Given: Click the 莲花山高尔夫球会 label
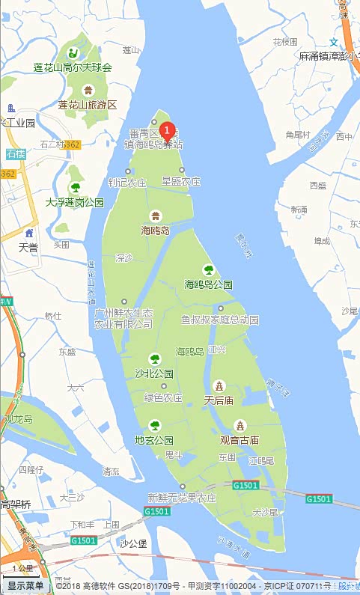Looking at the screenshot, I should pyautogui.click(x=73, y=67).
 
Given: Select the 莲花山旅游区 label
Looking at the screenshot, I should pyautogui.click(x=88, y=105).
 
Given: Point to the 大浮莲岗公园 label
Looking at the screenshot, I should pyautogui.click(x=75, y=202).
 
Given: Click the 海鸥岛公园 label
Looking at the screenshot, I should pyautogui.click(x=209, y=284).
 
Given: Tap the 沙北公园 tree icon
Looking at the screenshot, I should pyautogui.click(x=155, y=359).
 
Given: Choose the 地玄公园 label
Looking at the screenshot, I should pyautogui.click(x=154, y=440).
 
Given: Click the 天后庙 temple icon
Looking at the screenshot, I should pyautogui.click(x=219, y=386).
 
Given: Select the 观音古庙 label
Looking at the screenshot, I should pyautogui.click(x=240, y=440).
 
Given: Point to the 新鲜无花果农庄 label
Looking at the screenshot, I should pyautogui.click(x=182, y=498).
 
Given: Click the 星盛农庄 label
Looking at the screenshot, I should pyautogui.click(x=182, y=182).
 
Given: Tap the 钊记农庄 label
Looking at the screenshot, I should pyautogui.click(x=127, y=182).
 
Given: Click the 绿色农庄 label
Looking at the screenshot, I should pyautogui.click(x=163, y=398).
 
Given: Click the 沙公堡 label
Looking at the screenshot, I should pyautogui.click(x=133, y=543).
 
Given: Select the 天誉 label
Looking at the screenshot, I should pyautogui.click(x=28, y=247).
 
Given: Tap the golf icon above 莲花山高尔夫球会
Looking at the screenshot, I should pyautogui.click(x=73, y=52).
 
